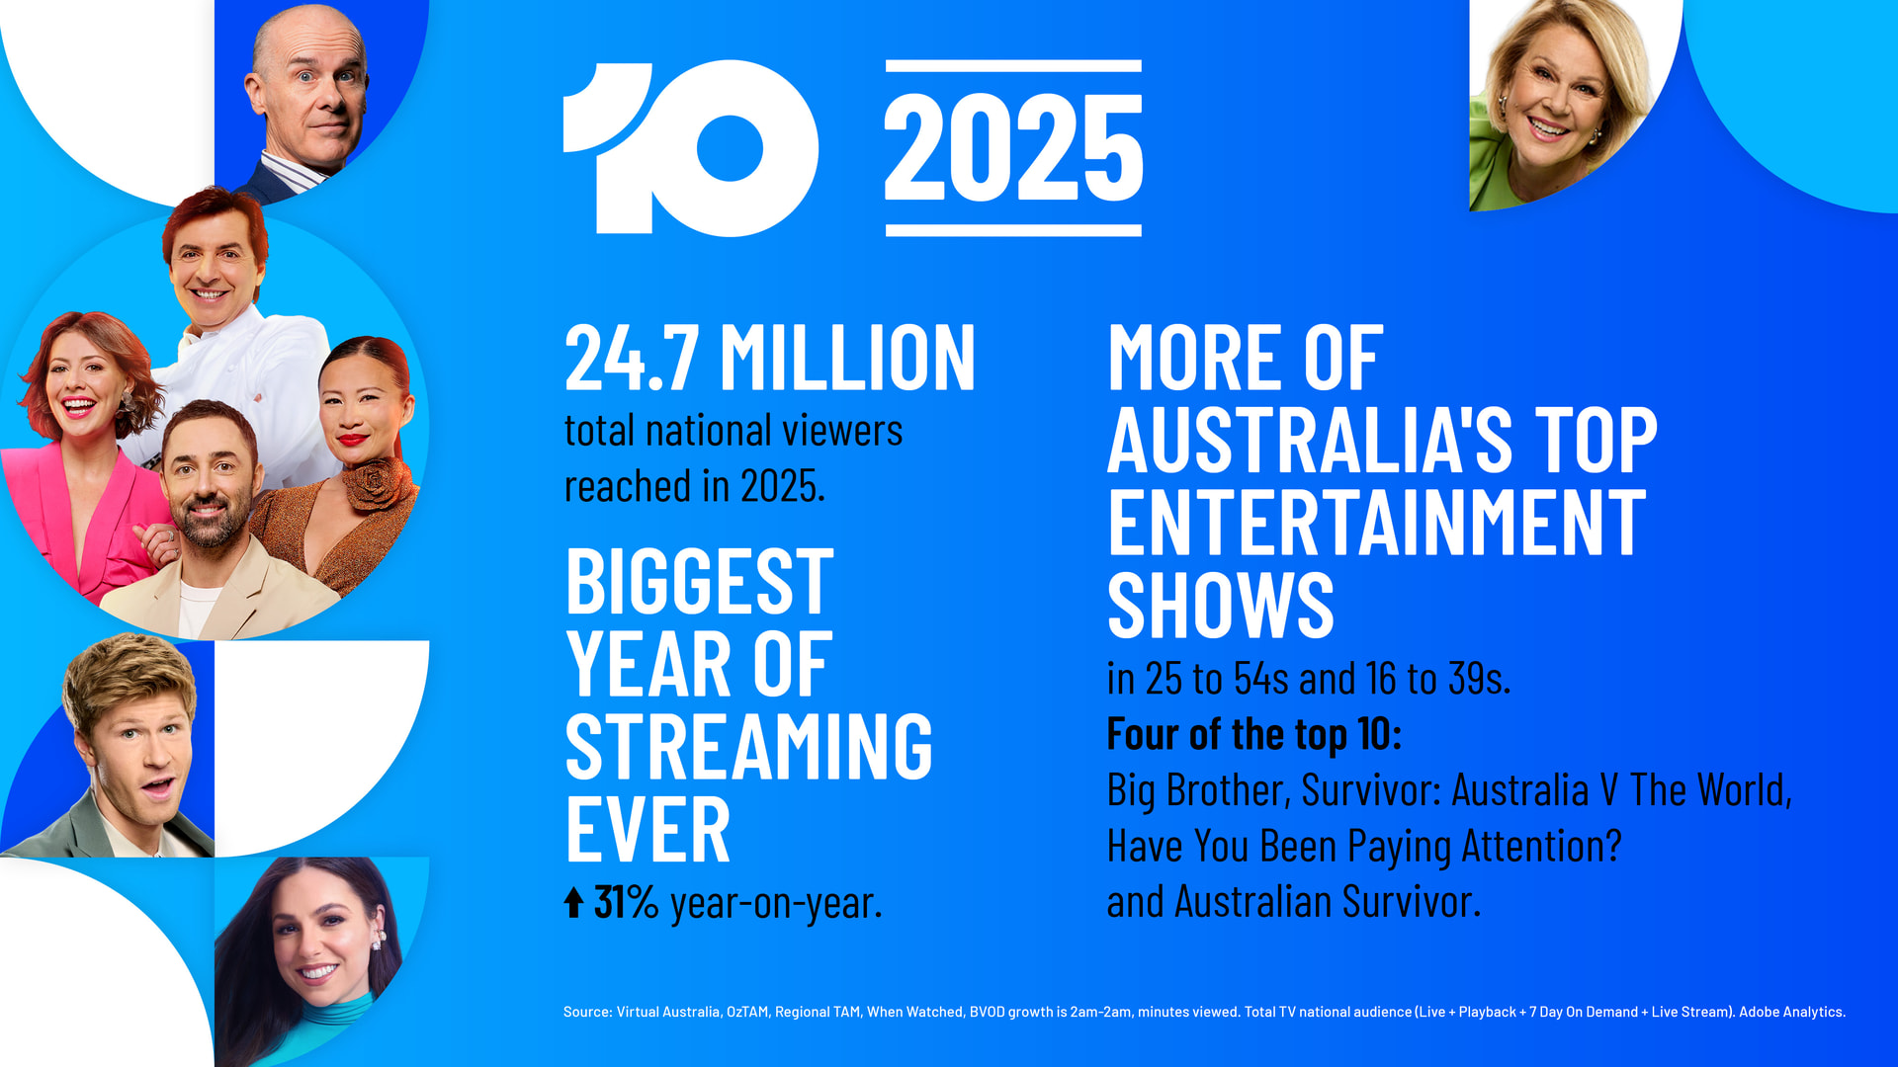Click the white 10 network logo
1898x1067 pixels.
tap(691, 148)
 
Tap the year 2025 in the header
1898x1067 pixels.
tap(1013, 148)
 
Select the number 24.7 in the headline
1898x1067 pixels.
tap(632, 358)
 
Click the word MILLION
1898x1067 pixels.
tap(847, 358)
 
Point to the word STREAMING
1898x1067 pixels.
tap(749, 747)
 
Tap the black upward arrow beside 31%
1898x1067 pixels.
tap(573, 902)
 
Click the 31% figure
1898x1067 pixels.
tap(626, 902)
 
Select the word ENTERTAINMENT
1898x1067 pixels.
tap(1377, 523)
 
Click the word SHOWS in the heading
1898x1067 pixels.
tap(1221, 605)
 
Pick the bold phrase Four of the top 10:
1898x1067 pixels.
tap(1254, 734)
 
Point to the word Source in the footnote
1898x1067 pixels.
tap(585, 1012)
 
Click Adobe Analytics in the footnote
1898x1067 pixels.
tap(1791, 1012)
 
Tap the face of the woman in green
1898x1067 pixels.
tap(1557, 104)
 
